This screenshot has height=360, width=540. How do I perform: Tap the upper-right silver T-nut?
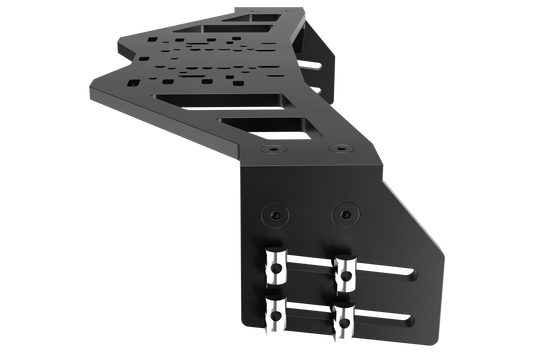(345, 267)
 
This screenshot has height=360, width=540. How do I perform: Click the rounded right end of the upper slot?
(412, 271)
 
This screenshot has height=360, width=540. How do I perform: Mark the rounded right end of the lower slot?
(412, 320)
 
